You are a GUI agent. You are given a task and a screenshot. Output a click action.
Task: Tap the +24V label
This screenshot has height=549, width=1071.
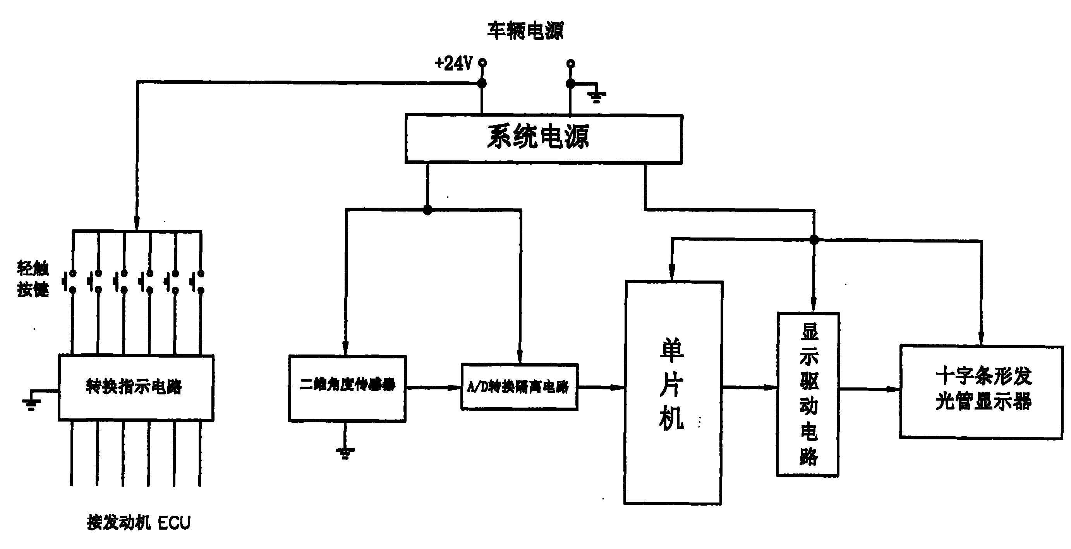point(453,64)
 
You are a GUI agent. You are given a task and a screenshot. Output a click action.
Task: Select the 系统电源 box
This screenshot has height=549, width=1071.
point(543,138)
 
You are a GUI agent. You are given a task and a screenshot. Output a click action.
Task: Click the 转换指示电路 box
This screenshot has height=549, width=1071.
point(136,387)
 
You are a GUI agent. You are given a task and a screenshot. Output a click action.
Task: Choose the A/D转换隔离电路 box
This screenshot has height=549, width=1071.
point(519,387)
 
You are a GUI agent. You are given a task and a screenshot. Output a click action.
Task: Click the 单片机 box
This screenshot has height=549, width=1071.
point(672,392)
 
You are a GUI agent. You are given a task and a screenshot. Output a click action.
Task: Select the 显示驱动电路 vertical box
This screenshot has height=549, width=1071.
point(808,394)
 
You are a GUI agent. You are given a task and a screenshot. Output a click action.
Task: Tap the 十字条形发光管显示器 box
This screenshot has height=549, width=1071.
point(981,391)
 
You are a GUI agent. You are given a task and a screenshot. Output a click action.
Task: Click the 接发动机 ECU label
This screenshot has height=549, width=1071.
point(139,522)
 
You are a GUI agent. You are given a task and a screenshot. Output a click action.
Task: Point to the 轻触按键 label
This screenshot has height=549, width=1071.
point(33,279)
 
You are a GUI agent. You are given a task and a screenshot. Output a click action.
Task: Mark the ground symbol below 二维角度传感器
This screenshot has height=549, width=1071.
point(345,453)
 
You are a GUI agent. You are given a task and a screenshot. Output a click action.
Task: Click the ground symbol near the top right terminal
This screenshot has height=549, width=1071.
point(596,97)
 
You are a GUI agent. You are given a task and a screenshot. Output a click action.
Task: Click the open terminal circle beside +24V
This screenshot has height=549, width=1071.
point(482,63)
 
